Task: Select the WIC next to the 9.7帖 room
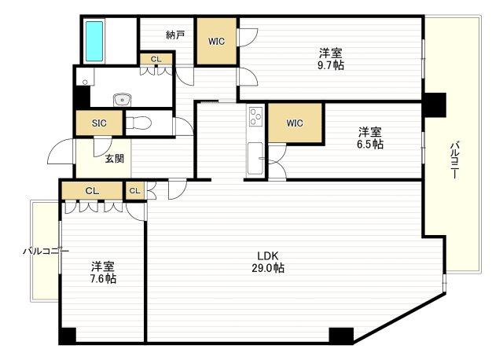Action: point(217,42)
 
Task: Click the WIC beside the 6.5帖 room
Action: point(295,123)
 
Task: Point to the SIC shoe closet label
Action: point(99,123)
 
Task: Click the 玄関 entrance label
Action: point(115,159)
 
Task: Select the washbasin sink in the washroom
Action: point(122,99)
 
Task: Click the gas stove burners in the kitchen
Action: point(256,117)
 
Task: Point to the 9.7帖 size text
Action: point(331,66)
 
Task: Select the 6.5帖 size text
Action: point(371,145)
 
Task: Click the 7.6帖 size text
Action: point(103,278)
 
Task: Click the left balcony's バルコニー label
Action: point(45,252)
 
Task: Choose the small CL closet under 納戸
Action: point(156,59)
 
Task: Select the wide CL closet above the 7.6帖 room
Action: point(92,190)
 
